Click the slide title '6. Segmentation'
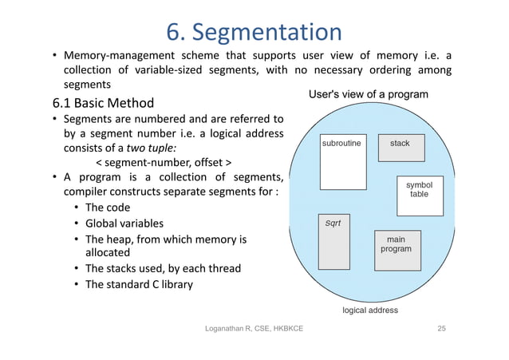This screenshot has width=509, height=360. tap(254, 31)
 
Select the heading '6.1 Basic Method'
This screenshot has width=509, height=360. tap(103, 103)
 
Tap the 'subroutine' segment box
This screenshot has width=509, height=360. tap(342, 163)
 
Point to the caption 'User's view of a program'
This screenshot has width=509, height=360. tap(368, 95)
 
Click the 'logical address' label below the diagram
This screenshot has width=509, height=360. tap(369, 310)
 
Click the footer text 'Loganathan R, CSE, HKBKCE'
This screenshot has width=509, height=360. tap(253, 330)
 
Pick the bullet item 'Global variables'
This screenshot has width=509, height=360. tap(124, 224)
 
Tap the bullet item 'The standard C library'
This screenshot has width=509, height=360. tap(138, 283)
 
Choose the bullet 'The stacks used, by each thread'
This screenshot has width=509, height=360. tap(162, 268)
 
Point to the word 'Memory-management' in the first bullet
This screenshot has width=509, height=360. tap(119, 55)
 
